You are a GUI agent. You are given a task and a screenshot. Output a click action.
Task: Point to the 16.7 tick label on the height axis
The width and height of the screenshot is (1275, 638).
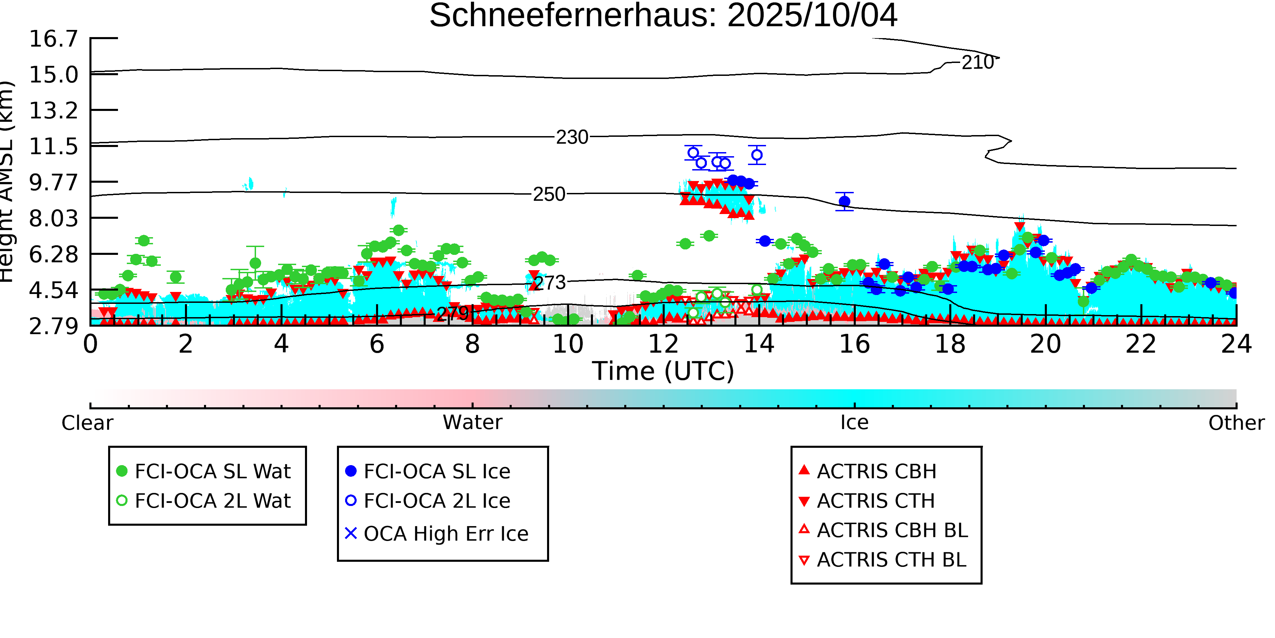pyautogui.click(x=53, y=39)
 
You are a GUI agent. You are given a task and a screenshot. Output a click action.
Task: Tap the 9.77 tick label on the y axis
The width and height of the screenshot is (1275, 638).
pyautogui.click(x=53, y=182)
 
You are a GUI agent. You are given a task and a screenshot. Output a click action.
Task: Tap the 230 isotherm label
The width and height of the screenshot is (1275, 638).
pyautogui.click(x=572, y=137)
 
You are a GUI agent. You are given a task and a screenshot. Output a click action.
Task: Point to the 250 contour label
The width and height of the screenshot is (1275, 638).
pyautogui.click(x=549, y=194)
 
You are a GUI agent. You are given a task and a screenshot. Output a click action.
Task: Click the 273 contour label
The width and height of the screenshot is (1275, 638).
pyautogui.click(x=550, y=283)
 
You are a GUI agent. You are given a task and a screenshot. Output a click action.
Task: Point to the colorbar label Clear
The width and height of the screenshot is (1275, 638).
pyautogui.click(x=87, y=423)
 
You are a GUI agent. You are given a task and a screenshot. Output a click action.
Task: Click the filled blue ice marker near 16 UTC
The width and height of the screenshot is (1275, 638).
pyautogui.click(x=845, y=201)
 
